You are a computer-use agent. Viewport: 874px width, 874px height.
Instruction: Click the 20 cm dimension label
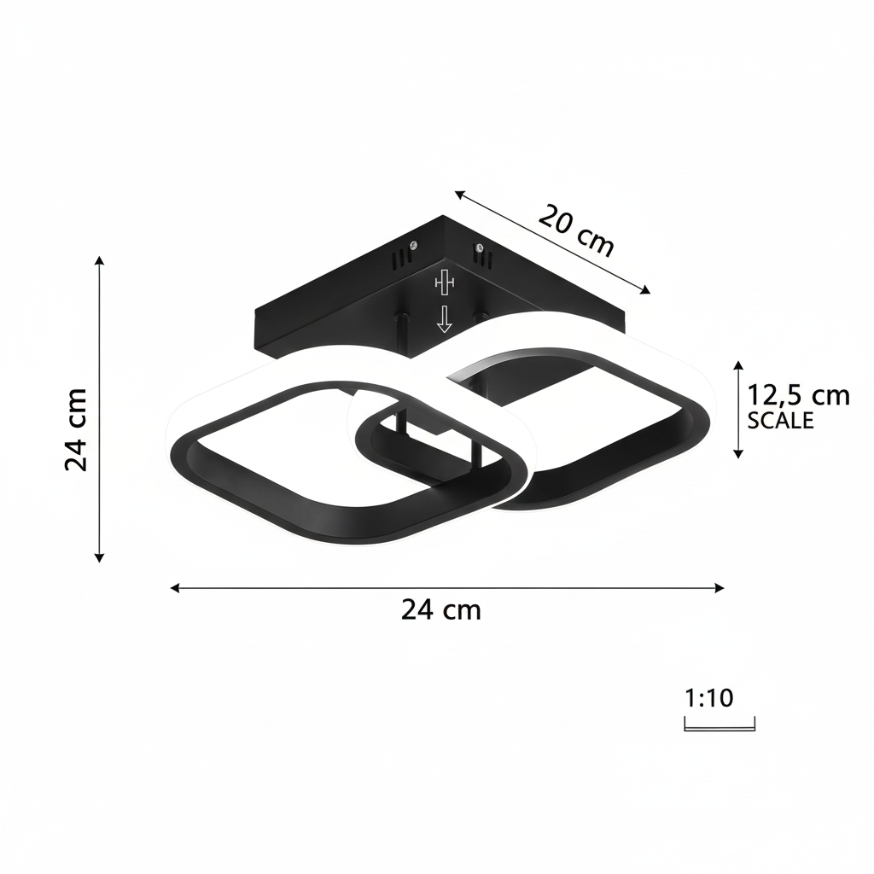[576, 230]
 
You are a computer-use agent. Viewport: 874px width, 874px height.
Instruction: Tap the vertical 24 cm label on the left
[77, 428]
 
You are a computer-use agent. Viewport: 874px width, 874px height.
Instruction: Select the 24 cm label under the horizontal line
[440, 609]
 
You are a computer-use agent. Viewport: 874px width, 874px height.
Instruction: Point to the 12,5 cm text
[798, 395]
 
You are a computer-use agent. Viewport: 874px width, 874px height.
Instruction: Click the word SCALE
[780, 420]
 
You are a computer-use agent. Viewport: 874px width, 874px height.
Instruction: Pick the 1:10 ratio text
[709, 698]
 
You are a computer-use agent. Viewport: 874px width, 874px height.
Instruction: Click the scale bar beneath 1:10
[720, 727]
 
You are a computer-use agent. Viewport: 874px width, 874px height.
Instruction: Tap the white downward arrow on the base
[444, 319]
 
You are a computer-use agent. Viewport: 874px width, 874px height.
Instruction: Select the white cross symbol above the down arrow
[444, 281]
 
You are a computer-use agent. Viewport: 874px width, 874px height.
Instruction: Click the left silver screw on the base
[414, 244]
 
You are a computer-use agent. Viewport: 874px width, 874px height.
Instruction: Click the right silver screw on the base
[480, 248]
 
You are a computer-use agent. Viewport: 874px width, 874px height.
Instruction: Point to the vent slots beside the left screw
[399, 259]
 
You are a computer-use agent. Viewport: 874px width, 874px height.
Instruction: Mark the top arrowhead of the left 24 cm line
[100, 259]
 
